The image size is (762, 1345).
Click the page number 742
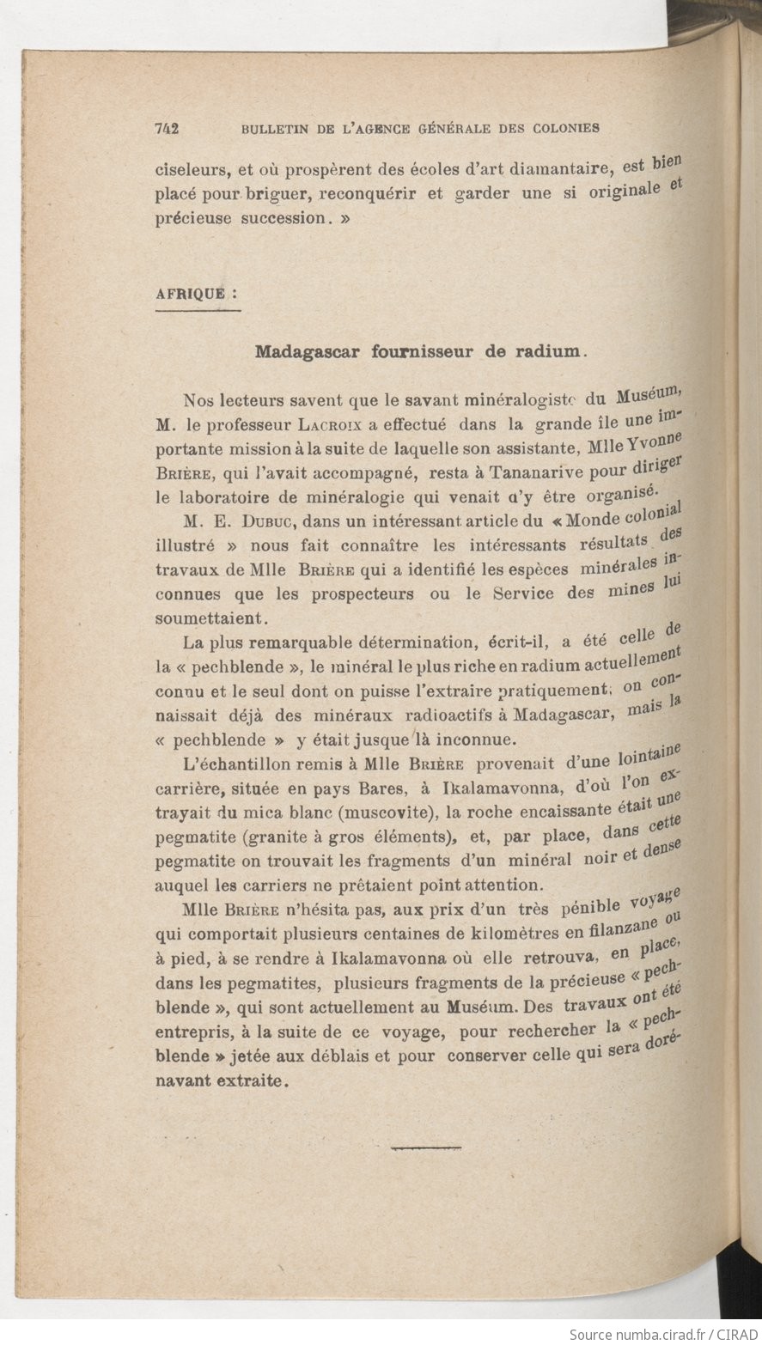pyautogui.click(x=166, y=129)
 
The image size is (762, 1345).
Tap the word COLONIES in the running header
pyautogui.click(x=565, y=129)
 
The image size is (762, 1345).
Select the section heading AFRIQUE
pyautogui.click(x=192, y=293)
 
